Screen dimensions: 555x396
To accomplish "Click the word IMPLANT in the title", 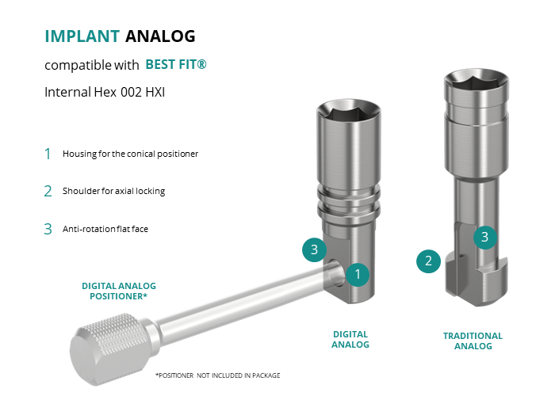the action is click(x=82, y=36).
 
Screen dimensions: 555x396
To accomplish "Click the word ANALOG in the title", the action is click(x=160, y=36).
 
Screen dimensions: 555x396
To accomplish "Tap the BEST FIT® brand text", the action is click(x=176, y=65).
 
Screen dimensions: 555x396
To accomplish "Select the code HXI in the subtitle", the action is click(x=155, y=93).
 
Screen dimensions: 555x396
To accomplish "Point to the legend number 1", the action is click(x=48, y=154).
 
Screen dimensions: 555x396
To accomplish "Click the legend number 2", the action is click(x=48, y=192).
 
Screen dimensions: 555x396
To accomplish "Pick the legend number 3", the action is click(x=48, y=229).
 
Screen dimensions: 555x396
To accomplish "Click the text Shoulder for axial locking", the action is click(x=113, y=192).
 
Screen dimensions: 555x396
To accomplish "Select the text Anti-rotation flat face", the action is click(x=105, y=229).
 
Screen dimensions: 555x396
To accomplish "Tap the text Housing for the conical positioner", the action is click(x=130, y=154).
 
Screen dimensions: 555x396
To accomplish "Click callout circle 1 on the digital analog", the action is click(x=358, y=274).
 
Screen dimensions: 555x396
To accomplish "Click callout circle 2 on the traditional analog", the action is click(x=428, y=261).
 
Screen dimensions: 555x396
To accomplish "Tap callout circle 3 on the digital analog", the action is click(x=314, y=250).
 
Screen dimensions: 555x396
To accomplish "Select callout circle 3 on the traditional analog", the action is click(x=485, y=238).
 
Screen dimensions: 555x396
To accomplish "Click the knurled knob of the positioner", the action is click(x=110, y=348).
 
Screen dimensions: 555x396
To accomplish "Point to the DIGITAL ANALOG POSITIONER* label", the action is click(x=119, y=291).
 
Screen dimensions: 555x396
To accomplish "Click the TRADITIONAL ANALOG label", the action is click(x=473, y=341).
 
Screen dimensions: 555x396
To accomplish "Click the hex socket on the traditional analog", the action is click(x=477, y=82).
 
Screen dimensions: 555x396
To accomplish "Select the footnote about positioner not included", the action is click(x=218, y=375).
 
